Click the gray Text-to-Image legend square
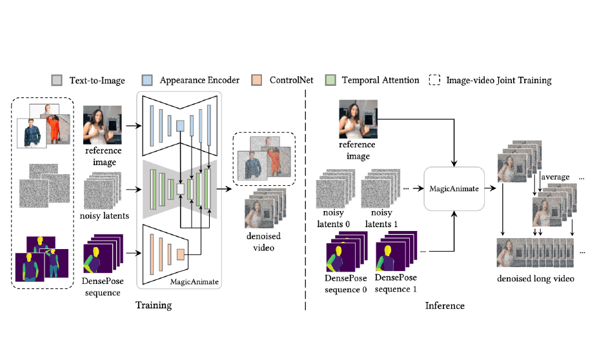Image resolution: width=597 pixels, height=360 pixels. (57, 81)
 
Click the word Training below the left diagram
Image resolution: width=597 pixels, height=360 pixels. (154, 305)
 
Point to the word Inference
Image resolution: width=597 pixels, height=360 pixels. (444, 305)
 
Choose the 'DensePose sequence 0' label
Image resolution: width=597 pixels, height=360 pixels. (345, 283)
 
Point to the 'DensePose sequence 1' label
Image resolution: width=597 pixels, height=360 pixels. (396, 283)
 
